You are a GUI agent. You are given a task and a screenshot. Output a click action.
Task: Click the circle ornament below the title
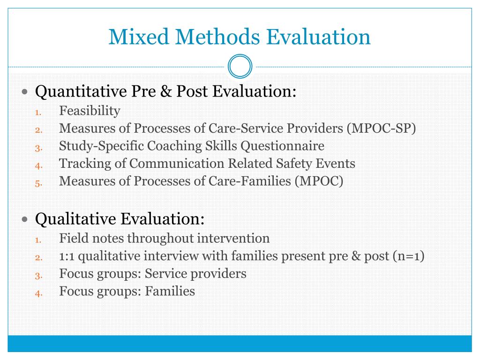pyautogui.click(x=240, y=67)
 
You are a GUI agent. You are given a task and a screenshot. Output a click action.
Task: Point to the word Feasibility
pyautogui.click(x=90, y=111)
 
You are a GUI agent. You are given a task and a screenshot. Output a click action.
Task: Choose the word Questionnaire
pyautogui.click(x=282, y=146)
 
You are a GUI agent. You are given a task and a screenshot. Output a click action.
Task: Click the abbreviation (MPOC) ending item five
pyautogui.click(x=319, y=181)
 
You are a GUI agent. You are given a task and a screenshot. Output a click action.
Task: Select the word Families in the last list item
pyautogui.click(x=170, y=292)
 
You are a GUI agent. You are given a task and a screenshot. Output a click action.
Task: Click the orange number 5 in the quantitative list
pyautogui.click(x=38, y=183)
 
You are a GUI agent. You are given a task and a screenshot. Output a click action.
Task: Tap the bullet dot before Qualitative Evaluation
pyautogui.click(x=25, y=219)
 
